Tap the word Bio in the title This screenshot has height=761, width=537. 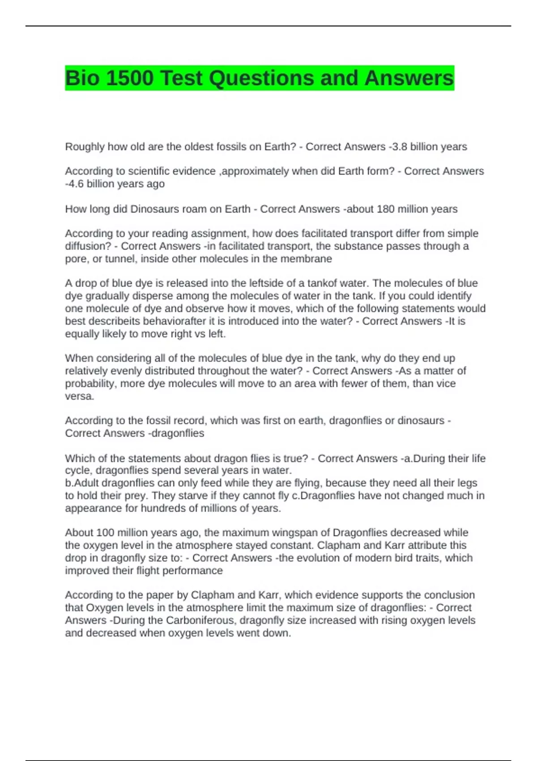coord(82,78)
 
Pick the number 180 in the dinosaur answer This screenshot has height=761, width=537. coord(385,209)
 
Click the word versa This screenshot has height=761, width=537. coord(79,396)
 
